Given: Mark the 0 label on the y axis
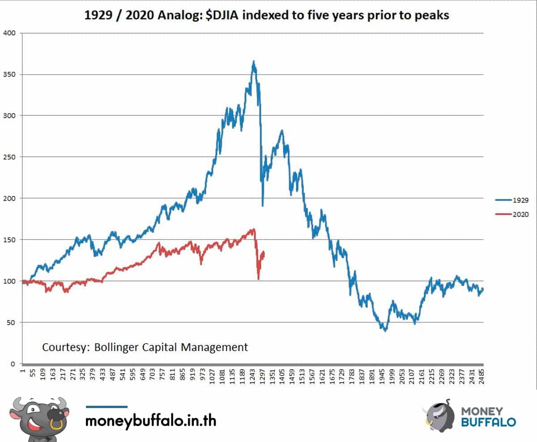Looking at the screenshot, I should [13, 364].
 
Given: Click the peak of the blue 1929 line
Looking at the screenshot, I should [254, 61].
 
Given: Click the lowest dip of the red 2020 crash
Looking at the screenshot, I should [259, 279].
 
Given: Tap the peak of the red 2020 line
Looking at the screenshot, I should [253, 229].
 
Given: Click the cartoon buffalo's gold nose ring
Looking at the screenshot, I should [56, 424].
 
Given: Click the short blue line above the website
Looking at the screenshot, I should [107, 407].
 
